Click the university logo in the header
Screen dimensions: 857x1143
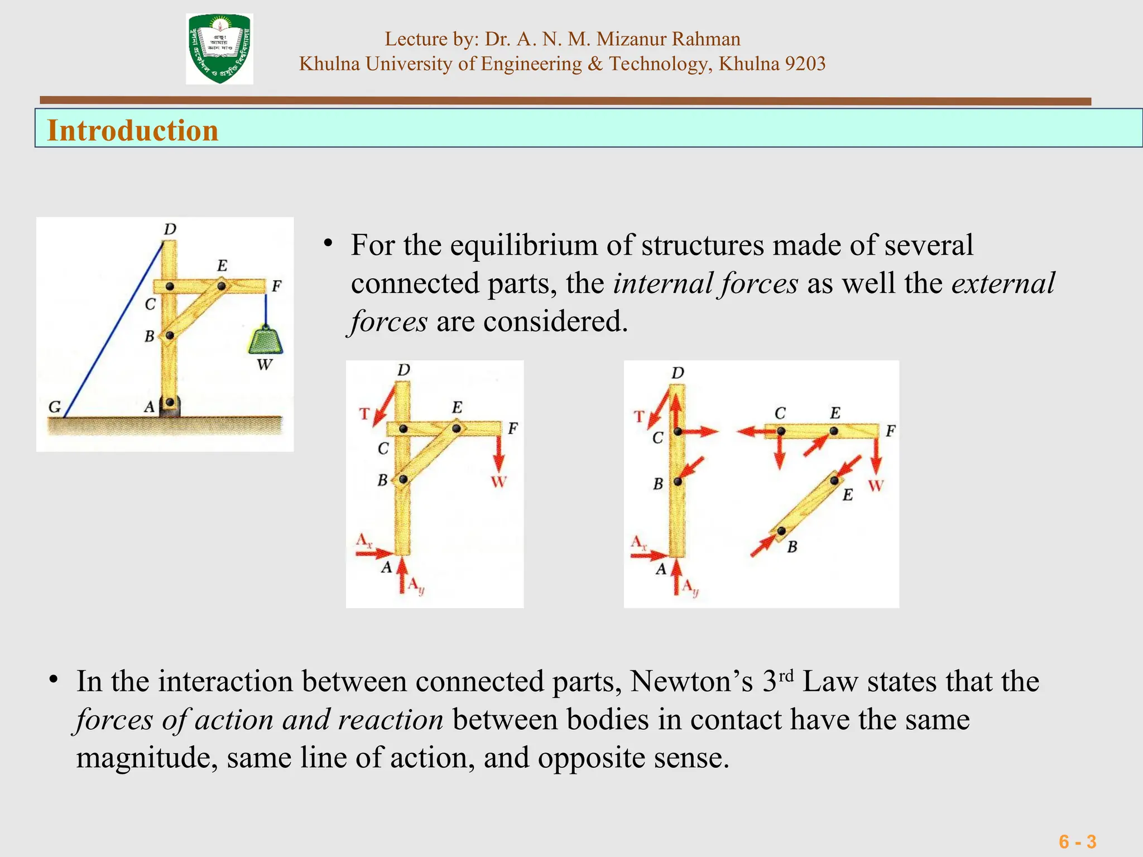tap(219, 49)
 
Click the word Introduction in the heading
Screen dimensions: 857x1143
tap(133, 131)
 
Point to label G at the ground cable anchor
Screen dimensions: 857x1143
tap(55, 406)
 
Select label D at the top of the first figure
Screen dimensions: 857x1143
tap(170, 229)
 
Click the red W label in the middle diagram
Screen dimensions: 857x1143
tap(498, 482)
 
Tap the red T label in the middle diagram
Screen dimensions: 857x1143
tap(364, 414)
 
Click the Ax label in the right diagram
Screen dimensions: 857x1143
tap(638, 542)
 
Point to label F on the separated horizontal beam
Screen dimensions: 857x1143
tap(890, 431)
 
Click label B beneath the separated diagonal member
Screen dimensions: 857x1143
tap(792, 547)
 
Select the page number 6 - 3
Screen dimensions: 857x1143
tap(1077, 841)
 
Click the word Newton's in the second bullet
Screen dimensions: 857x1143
tap(691, 681)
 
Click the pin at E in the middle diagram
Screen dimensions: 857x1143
tap(457, 428)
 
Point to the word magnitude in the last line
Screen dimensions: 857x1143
tap(146, 758)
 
